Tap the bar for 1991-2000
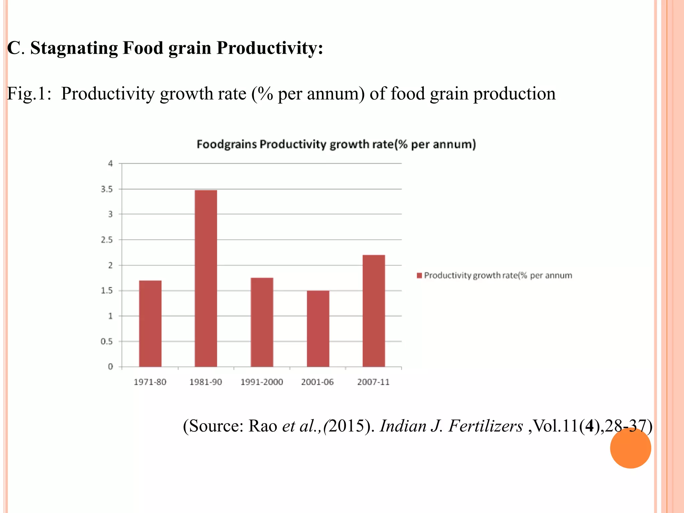262,322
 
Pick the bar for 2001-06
318,329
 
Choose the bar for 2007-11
374,311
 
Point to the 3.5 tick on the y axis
107,189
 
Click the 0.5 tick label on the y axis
107,342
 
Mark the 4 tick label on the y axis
111,164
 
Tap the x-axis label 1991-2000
262,382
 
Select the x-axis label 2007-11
373,382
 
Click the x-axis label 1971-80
150,382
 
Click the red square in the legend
419,276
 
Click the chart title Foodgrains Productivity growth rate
336,144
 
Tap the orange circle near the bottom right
630,448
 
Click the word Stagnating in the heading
74,48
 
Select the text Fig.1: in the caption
29,94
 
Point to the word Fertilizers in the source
486,426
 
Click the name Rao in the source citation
263,426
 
